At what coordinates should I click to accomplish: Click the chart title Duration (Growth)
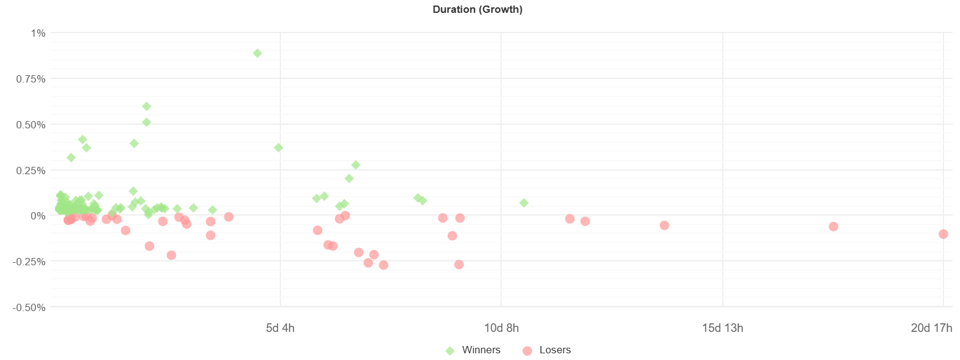477,9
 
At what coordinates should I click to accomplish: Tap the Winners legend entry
481,350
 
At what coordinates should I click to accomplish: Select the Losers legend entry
555,350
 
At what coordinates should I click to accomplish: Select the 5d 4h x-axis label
280,328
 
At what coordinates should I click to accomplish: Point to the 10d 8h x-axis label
501,328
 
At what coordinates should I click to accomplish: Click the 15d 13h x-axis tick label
722,328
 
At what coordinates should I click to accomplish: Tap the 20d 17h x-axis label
931,328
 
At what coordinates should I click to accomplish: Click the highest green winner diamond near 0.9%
257,53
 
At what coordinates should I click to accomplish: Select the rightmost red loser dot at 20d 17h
943,234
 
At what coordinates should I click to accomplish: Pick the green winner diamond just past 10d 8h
524,203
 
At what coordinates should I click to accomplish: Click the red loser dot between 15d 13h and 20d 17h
833,227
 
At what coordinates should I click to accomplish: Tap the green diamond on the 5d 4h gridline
279,148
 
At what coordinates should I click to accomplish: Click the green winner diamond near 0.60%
147,106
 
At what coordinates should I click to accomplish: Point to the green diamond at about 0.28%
356,165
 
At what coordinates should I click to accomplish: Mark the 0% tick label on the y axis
37,216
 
